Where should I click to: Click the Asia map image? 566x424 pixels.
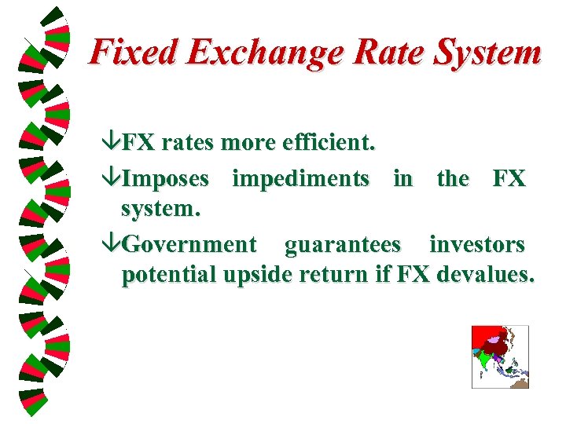[x=500, y=356]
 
